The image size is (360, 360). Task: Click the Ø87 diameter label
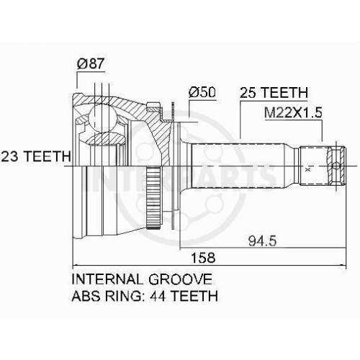(91, 64)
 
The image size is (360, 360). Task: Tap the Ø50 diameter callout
(202, 92)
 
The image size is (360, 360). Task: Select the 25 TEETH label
(274, 93)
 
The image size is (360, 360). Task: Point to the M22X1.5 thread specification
(293, 112)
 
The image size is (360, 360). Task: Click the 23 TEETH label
(36, 156)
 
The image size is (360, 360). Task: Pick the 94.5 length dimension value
(262, 240)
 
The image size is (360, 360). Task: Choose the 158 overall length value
(203, 258)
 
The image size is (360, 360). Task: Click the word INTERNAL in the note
(107, 279)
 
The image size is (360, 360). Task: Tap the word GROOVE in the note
(180, 279)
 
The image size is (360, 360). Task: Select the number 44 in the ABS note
(157, 296)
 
